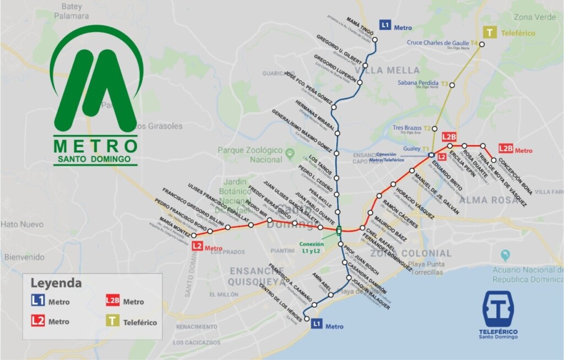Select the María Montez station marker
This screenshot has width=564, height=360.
point(193,236)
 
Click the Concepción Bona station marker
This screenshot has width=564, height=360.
point(493,160)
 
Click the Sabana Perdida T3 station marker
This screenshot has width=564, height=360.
point(453,85)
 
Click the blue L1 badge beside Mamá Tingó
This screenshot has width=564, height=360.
point(386,25)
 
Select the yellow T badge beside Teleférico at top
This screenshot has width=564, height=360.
point(488,32)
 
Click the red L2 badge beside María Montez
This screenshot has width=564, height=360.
point(197,247)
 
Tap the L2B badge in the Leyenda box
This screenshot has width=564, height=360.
point(112,301)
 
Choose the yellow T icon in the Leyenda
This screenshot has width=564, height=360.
point(112,321)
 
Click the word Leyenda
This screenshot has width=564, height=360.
point(56,283)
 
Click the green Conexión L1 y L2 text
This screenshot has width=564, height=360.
point(311,248)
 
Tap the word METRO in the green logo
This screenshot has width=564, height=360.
point(96,146)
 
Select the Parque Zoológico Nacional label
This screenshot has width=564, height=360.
point(250,155)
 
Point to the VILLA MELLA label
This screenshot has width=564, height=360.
point(388,70)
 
